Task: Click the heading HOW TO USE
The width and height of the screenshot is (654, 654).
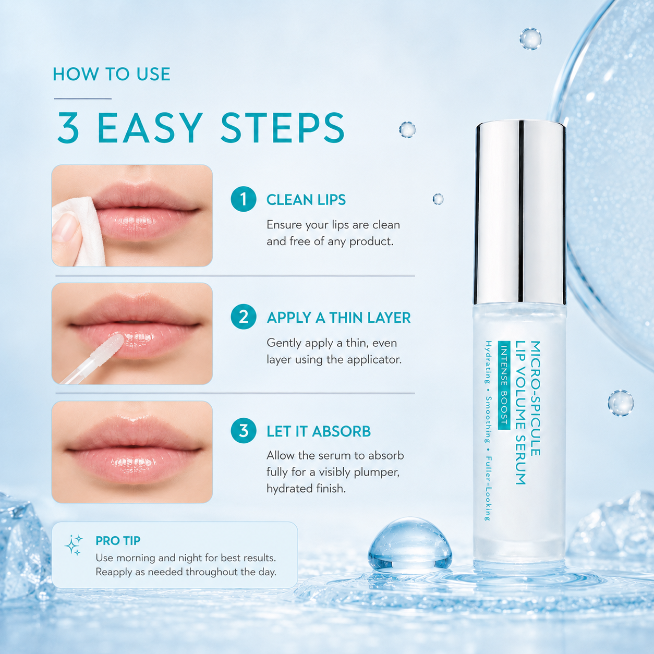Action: [111, 75]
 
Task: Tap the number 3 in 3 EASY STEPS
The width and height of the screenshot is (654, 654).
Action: [68, 128]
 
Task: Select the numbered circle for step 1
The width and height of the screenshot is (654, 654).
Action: [244, 199]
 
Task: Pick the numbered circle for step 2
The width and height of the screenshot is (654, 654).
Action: [244, 317]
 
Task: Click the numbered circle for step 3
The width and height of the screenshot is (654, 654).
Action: [244, 431]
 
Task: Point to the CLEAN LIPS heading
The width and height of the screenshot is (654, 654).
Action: [306, 200]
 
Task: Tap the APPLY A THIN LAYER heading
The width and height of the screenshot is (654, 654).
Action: [338, 318]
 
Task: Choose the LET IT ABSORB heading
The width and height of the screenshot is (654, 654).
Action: [319, 431]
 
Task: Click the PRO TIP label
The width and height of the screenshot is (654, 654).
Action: [118, 541]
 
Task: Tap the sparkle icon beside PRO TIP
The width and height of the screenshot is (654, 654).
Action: [74, 544]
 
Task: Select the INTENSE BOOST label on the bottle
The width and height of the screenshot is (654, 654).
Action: [504, 385]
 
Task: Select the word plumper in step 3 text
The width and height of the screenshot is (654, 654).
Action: [377, 473]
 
